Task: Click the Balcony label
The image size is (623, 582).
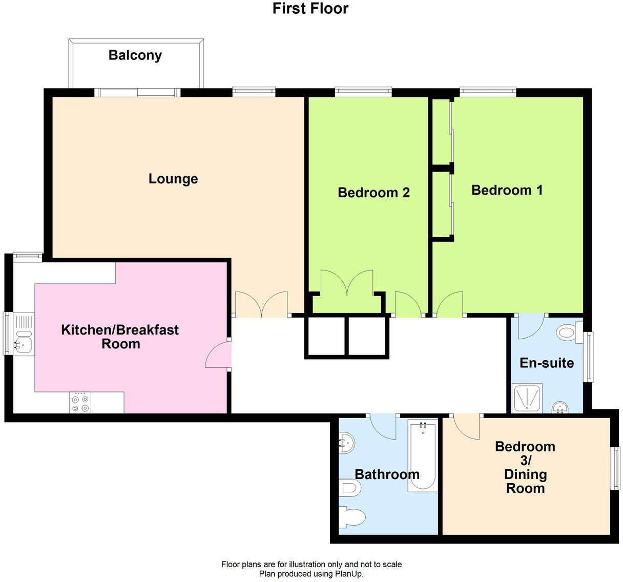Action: (x=135, y=55)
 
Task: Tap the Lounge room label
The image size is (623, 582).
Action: (x=173, y=179)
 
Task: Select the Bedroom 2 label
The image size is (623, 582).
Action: (x=373, y=193)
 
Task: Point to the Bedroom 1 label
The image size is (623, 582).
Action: (x=507, y=190)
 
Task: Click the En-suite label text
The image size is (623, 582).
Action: (x=546, y=363)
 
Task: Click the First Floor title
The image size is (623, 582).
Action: (x=310, y=9)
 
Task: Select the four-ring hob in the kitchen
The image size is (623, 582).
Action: (x=80, y=403)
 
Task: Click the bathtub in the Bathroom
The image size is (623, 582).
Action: (x=423, y=456)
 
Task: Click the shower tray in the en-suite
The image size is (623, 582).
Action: (x=527, y=398)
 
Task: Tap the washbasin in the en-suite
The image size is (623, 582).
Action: (x=561, y=408)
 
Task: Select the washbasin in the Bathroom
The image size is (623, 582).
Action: (x=346, y=442)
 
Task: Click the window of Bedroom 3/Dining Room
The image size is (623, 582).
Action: (x=616, y=468)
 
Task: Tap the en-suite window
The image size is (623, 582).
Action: (x=589, y=357)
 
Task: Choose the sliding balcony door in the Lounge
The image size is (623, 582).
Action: (x=138, y=93)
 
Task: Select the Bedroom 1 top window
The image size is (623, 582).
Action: (x=487, y=92)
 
